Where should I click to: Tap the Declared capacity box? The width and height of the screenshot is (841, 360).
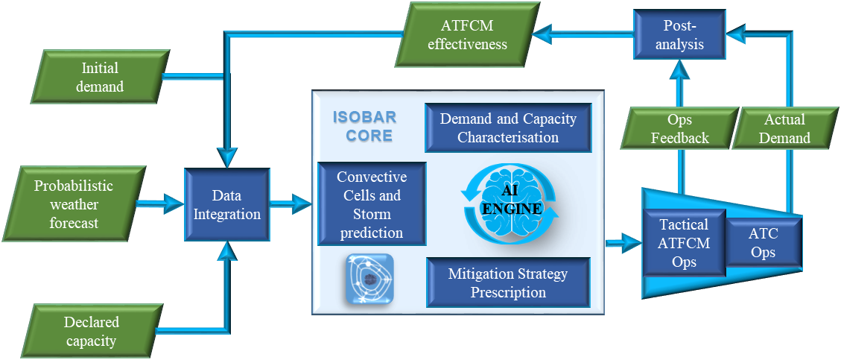[x=91, y=332]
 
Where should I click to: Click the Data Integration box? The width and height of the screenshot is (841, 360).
[x=226, y=205]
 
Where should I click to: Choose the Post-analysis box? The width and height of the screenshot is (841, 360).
[x=679, y=34]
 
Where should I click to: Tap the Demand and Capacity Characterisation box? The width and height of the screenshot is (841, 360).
[x=508, y=127]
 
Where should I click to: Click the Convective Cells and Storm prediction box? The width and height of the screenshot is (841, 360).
[x=371, y=204]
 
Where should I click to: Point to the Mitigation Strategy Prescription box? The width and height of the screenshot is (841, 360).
[x=508, y=283]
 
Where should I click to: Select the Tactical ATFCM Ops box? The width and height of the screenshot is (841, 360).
[x=684, y=243]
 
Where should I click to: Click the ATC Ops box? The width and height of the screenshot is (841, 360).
[x=763, y=243]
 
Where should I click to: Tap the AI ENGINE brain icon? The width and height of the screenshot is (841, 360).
[x=510, y=201]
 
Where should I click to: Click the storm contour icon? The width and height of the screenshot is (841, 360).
[x=369, y=280]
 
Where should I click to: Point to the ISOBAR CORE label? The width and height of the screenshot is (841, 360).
[x=365, y=127]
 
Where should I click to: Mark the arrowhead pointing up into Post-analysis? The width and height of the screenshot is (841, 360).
[x=680, y=72]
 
